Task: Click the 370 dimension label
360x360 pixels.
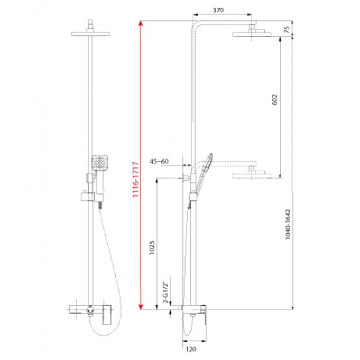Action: (218, 10)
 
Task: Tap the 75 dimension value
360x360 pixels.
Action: (287, 30)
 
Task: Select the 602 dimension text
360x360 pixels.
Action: (275, 99)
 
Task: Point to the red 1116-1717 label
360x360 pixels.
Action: (135, 179)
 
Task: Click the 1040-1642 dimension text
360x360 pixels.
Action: (287, 224)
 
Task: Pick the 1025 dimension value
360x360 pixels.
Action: (152, 248)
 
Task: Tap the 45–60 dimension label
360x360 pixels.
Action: (159, 161)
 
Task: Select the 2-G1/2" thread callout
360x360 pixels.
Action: (166, 292)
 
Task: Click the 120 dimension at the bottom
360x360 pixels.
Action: (191, 349)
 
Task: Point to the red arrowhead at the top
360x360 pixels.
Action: (141, 23)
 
